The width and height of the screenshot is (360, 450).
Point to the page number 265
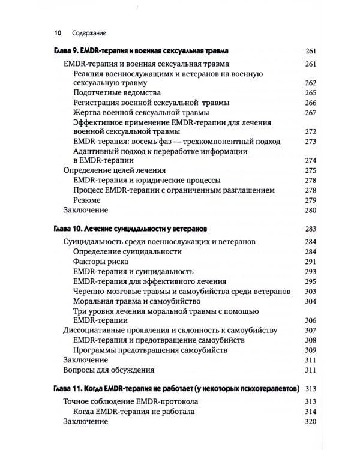[310, 93]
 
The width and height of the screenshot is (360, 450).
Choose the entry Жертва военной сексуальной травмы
[140, 112]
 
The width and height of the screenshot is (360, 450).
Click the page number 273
[310, 142]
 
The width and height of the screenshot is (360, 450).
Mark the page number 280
[310, 210]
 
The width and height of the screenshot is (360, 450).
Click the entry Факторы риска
[101, 262]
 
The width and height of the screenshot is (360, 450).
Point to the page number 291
[310, 262]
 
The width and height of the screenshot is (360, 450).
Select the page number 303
[310, 291]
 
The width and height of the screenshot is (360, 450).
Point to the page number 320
[310, 421]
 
